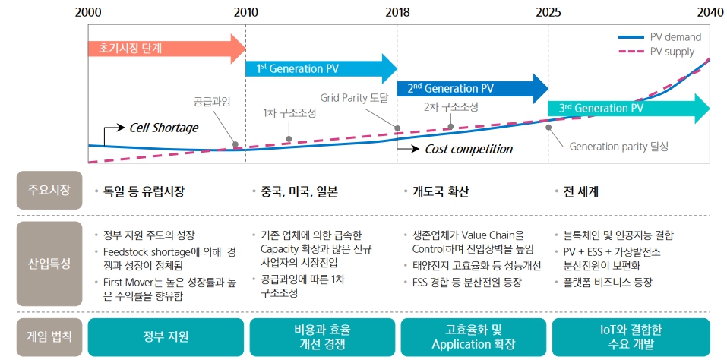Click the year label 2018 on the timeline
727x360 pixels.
tap(397, 12)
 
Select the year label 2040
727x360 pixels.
tap(710, 12)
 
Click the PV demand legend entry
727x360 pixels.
tap(659, 36)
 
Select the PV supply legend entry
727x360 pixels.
tap(659, 51)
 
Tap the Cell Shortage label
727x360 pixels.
tap(163, 128)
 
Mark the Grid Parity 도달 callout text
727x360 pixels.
tap(354, 98)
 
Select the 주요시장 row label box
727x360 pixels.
tap(49, 191)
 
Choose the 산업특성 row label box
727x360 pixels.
tap(49, 264)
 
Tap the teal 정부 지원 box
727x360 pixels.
tap(166, 336)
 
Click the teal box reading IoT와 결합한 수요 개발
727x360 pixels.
tap(631, 336)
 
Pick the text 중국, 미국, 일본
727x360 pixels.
tap(299, 192)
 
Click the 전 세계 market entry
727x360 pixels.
tap(581, 192)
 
